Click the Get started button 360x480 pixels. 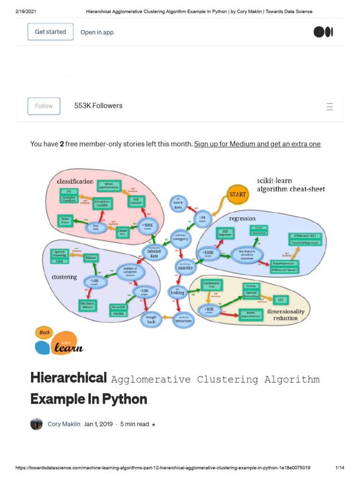pos(50,32)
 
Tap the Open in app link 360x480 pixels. pos(97,32)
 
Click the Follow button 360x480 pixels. pos(44,106)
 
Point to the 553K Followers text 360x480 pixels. pos(98,106)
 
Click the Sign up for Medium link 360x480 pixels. pos(257,144)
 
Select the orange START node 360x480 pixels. pos(238,194)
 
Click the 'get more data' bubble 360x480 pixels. pos(179,203)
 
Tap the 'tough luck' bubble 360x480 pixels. pos(151,319)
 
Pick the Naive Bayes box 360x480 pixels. pos(66,220)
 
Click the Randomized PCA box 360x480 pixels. pos(211,285)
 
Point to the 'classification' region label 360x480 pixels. pos(75,181)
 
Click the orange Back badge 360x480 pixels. pos(45,332)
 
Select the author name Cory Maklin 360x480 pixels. pos(64,424)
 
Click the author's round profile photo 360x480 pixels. pos(37,424)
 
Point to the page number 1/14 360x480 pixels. pos(340,468)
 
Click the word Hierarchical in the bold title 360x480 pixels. pos(68,377)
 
